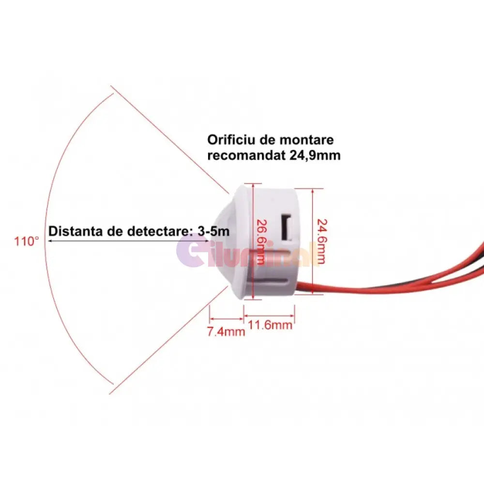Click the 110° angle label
click(27, 241)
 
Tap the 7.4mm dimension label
click(226, 332)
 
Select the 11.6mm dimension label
click(270, 325)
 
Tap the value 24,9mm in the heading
click(315, 155)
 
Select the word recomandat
click(246, 155)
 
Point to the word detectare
click(157, 231)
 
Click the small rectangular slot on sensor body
click(287, 227)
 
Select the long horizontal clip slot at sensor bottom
click(272, 281)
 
